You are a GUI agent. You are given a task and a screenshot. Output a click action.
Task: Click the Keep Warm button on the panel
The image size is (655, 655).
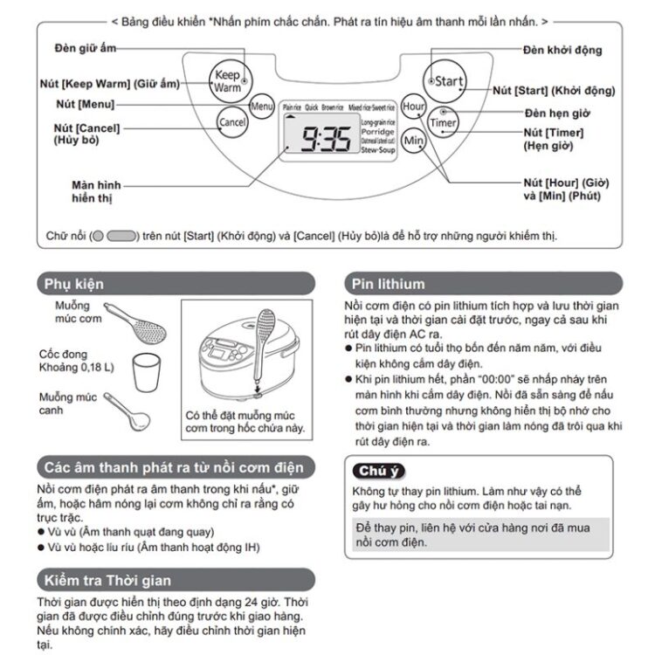227,82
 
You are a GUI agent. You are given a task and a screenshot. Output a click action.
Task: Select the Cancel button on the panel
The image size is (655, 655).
232,122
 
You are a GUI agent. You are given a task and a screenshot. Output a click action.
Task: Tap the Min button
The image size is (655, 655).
413,141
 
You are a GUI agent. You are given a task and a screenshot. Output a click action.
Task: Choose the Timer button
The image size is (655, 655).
443,123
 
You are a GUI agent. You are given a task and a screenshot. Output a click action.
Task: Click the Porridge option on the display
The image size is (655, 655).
378,132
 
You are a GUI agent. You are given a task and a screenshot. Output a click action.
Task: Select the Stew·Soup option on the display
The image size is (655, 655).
378,151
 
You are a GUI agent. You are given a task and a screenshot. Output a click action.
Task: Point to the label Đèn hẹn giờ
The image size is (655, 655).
557,113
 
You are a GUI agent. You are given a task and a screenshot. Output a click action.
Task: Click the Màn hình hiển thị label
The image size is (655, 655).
97,192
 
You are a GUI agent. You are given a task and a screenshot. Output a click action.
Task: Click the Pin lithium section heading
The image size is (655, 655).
390,284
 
